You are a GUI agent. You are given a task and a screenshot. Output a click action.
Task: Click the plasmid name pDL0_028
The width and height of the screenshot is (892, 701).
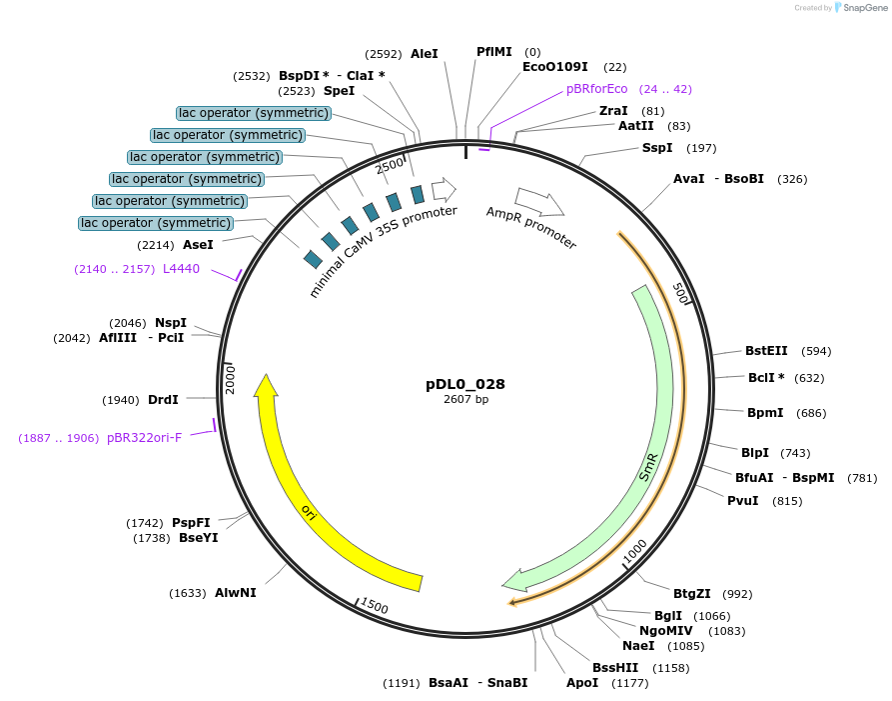(x=465, y=384)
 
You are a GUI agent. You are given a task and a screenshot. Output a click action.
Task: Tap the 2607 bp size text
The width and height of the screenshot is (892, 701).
(x=465, y=400)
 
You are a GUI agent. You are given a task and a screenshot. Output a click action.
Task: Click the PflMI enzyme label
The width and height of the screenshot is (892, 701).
(x=493, y=52)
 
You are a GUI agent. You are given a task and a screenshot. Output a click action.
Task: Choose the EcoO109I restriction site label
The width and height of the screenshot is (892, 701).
(x=554, y=67)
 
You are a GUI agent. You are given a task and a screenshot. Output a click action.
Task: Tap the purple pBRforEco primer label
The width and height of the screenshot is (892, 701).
(x=597, y=89)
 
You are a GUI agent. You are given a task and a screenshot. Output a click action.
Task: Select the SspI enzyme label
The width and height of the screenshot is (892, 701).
(x=657, y=148)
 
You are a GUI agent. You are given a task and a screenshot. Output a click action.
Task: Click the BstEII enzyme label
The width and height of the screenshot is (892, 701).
(x=766, y=351)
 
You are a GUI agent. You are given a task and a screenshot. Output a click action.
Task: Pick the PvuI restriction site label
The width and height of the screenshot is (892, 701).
(x=742, y=501)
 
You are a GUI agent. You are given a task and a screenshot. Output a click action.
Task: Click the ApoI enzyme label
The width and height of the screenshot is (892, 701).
(x=582, y=683)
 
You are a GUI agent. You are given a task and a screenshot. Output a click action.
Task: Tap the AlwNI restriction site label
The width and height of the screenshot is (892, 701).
(x=236, y=593)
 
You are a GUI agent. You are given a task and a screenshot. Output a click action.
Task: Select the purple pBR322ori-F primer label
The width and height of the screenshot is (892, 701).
(x=145, y=438)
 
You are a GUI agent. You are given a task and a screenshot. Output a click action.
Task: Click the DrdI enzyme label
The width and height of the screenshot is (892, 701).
(x=163, y=400)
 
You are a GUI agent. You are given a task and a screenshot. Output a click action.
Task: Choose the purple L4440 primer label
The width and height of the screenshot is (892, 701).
(x=182, y=269)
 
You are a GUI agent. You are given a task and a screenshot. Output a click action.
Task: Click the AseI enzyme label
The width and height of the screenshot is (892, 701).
(x=198, y=245)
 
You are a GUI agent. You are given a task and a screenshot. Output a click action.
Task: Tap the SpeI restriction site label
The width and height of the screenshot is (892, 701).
(x=339, y=91)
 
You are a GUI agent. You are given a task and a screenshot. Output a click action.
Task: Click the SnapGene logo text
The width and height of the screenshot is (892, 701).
(x=863, y=8)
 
